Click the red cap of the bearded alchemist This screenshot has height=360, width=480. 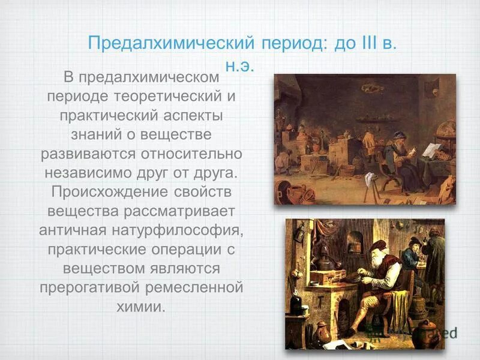pyautogui.click(x=377, y=245)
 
